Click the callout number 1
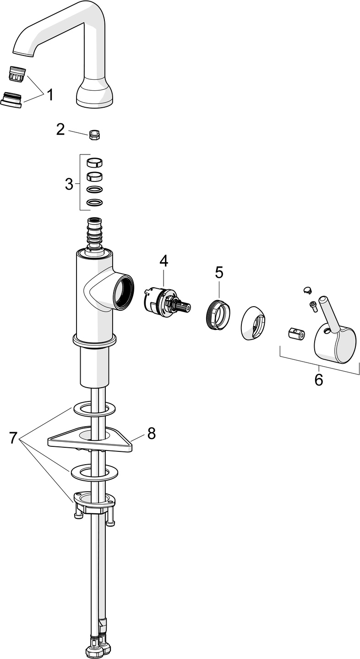click(x=49, y=95)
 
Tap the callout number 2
click(x=60, y=129)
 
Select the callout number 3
click(x=69, y=184)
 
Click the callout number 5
click(x=219, y=272)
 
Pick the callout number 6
click(x=318, y=379)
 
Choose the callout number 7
click(x=13, y=438)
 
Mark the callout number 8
click(x=151, y=433)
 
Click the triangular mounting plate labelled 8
click(x=92, y=439)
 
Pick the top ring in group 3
click(x=94, y=162)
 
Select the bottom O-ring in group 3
click(x=94, y=202)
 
